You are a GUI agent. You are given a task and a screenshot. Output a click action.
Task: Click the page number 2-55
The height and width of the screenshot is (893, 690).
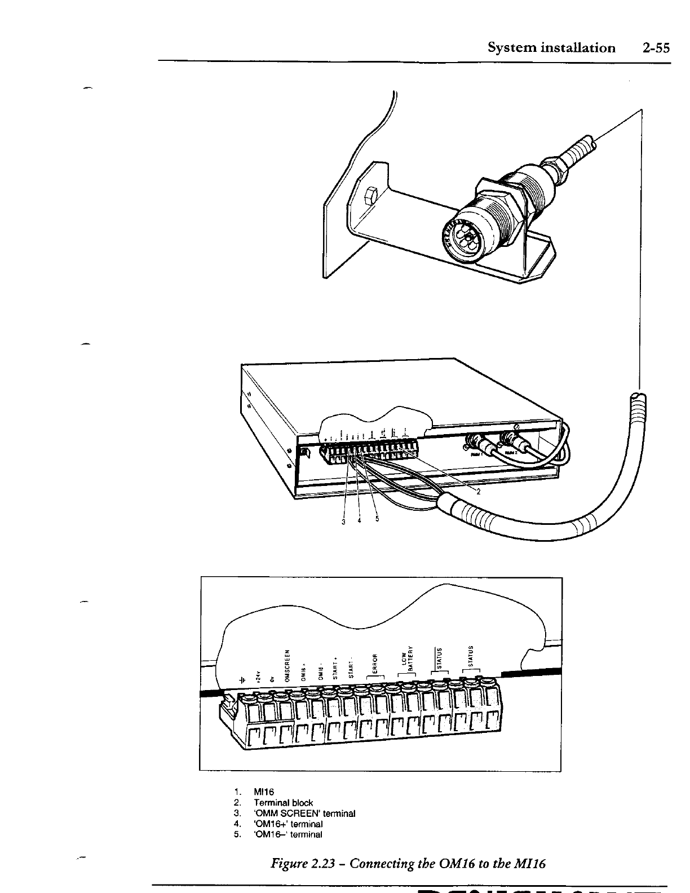[656, 48]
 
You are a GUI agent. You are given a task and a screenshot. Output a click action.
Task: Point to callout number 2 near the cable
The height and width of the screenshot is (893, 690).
[478, 491]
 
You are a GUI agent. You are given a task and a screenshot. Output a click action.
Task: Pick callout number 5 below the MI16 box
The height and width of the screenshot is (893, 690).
[377, 519]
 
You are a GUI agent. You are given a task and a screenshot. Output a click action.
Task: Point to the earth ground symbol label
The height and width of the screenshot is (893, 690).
[242, 679]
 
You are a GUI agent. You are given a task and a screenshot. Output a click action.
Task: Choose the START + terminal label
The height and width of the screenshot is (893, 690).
[336, 669]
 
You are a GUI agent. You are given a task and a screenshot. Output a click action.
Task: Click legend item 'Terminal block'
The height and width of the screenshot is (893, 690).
[283, 802]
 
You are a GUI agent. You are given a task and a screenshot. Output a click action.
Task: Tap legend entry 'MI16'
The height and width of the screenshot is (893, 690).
[264, 792]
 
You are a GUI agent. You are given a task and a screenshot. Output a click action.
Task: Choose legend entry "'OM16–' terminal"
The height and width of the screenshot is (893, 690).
[287, 834]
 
